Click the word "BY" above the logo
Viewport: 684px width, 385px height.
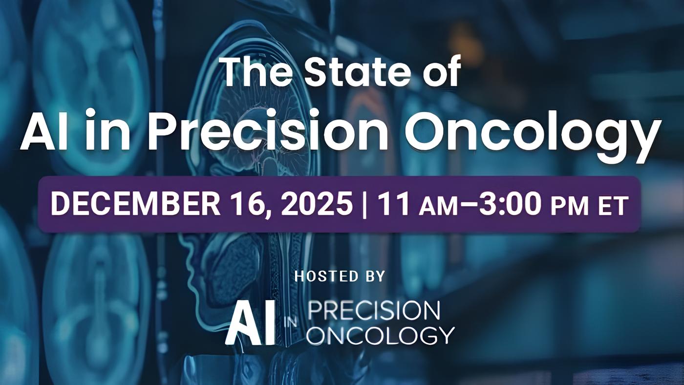click(x=374, y=276)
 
